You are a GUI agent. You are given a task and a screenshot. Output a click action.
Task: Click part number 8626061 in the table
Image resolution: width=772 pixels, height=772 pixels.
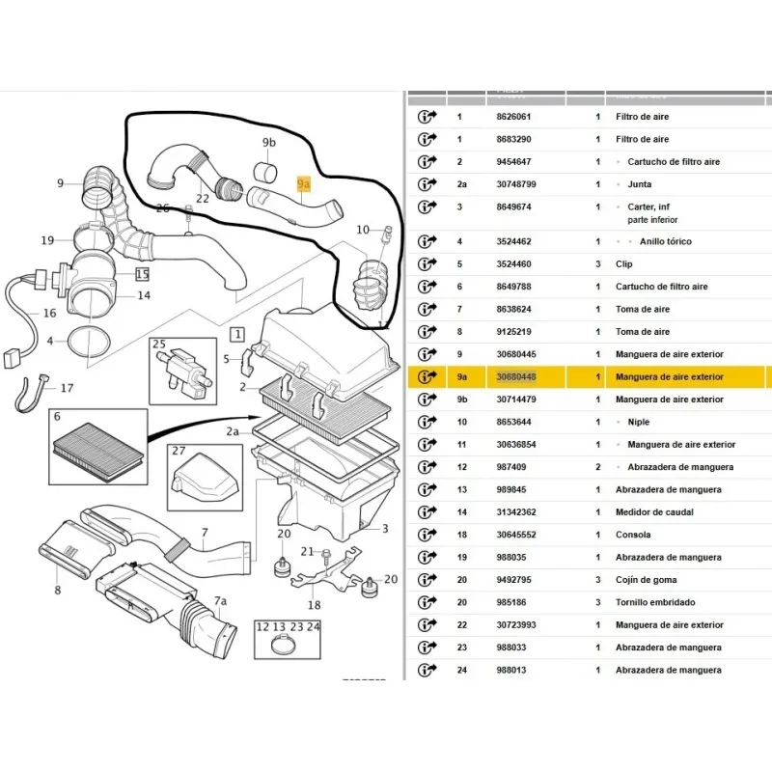tap(513, 117)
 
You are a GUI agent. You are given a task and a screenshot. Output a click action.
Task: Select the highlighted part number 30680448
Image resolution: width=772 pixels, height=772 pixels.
tap(515, 377)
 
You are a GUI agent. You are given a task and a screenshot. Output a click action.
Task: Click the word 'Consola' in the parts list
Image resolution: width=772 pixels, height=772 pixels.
tap(633, 535)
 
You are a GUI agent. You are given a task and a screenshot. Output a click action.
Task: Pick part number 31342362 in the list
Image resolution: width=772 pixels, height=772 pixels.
tap(515, 512)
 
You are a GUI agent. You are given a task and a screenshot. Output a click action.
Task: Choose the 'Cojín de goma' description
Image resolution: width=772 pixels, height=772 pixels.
tap(647, 580)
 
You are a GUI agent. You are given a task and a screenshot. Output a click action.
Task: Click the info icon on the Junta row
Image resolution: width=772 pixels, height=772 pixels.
tap(427, 184)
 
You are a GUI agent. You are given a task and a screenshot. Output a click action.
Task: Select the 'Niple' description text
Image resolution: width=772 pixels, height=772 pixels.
tap(639, 422)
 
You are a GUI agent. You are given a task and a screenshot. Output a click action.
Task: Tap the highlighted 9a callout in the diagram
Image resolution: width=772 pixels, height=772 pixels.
tap(304, 182)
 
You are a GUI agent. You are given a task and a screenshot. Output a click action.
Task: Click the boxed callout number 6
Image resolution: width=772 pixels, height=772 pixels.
tap(57, 416)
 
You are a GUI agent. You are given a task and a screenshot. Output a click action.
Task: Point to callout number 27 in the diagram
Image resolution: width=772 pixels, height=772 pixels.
tap(179, 451)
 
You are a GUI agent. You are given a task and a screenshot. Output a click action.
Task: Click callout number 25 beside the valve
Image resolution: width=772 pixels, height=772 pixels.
tap(159, 345)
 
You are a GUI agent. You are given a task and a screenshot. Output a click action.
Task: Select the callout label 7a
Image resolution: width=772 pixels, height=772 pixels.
tap(220, 601)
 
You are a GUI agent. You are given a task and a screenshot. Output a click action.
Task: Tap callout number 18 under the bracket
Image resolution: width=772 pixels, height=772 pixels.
tap(314, 605)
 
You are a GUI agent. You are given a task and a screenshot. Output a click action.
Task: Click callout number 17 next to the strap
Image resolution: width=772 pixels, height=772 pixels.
tap(67, 389)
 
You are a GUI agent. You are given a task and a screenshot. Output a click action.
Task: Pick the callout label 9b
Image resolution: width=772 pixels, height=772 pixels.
tap(268, 143)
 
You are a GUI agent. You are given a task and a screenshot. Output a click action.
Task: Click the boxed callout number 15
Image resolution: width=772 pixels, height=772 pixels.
tap(142, 275)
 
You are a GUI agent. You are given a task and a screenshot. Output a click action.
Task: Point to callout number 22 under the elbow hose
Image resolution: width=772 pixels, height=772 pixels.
tap(203, 199)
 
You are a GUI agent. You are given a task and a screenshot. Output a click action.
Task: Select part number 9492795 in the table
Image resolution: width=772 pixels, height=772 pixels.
tap(515, 580)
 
